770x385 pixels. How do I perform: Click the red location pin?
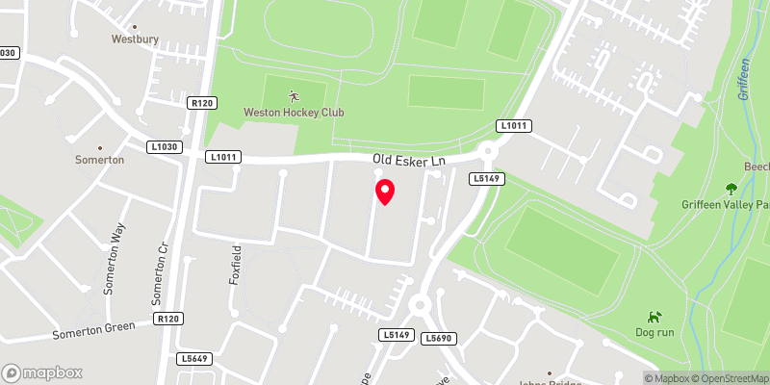(384, 192)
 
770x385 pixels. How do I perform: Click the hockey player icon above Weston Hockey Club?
(294, 96)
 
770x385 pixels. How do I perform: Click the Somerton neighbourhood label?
(100, 159)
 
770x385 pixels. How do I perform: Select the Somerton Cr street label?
(163, 261)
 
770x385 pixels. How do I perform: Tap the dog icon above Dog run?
(654, 316)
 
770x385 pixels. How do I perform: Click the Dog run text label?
(654, 332)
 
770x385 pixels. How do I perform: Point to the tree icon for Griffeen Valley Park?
(731, 189)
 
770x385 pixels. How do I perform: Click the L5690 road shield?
(439, 338)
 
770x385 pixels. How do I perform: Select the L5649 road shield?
(194, 359)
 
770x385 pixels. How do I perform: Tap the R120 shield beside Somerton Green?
(167, 318)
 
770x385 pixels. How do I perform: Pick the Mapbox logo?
(41, 372)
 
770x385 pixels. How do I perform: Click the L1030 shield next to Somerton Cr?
(165, 146)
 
